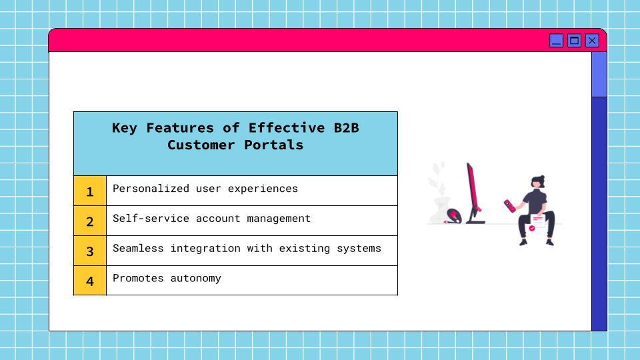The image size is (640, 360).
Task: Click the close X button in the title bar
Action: (592, 41)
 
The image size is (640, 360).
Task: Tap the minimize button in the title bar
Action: (556, 41)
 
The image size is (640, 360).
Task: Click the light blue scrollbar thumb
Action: (599, 74)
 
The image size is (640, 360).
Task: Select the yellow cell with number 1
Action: (90, 191)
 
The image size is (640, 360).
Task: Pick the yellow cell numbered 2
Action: (90, 221)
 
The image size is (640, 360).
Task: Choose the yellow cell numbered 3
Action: (90, 251)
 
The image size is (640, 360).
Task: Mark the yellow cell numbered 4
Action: (90, 281)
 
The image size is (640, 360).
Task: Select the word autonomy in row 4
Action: (196, 278)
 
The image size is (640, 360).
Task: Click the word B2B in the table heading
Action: (342, 128)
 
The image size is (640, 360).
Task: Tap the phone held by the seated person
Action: (510, 206)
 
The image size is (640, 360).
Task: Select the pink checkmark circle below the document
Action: (532, 228)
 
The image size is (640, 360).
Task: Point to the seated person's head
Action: (537, 182)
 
